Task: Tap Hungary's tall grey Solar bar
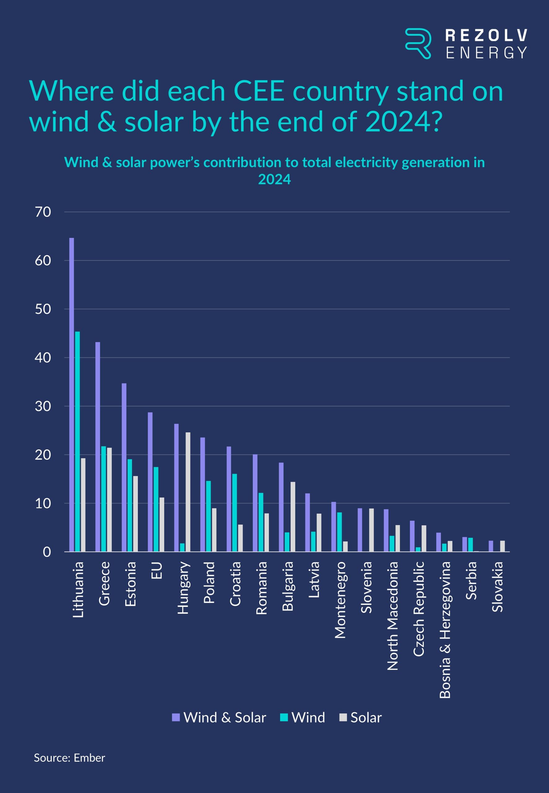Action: click(188, 492)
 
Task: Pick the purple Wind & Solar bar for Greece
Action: click(98, 447)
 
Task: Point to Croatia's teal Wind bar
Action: click(235, 513)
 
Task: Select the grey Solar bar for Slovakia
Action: click(503, 546)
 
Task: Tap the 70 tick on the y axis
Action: click(43, 212)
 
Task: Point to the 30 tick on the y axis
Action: click(43, 406)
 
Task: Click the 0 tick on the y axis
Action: click(47, 552)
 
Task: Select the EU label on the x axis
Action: click(156, 571)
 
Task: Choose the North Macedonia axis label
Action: click(393, 616)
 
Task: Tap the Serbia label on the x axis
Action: click(471, 581)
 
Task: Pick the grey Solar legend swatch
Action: click(343, 717)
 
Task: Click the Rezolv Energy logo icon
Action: click(418, 43)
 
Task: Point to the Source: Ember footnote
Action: click(69, 758)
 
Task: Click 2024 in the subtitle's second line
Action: click(274, 179)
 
